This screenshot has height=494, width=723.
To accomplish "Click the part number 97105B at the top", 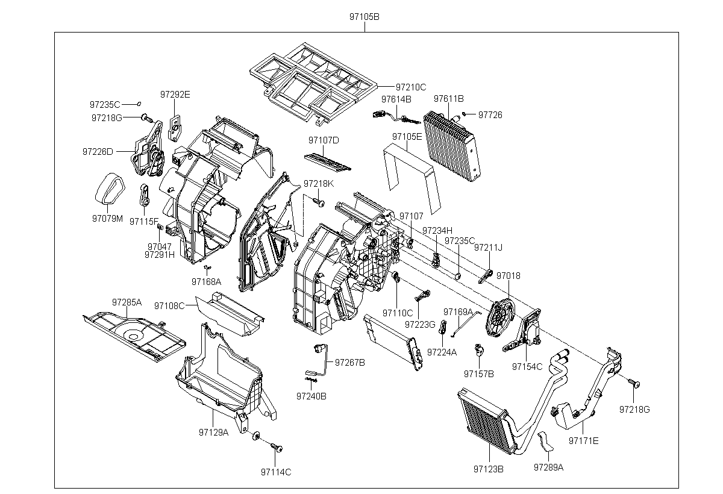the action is [x=365, y=17].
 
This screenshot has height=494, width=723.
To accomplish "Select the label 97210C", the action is [x=411, y=87].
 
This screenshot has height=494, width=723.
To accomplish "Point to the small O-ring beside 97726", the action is [x=464, y=114].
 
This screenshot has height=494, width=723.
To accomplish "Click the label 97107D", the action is [x=324, y=140].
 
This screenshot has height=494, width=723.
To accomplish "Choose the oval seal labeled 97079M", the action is [x=110, y=189].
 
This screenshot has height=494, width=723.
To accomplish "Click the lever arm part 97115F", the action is [x=144, y=195].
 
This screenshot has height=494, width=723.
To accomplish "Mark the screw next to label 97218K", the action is [x=319, y=202].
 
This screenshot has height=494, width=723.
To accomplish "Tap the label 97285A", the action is [x=127, y=302].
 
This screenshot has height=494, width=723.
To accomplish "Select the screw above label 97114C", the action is [x=277, y=447].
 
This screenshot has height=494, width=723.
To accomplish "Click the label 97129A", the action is [x=214, y=432].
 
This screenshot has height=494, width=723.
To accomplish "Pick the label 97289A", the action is [x=548, y=467].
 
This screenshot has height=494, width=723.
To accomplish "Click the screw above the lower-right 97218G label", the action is [x=634, y=383].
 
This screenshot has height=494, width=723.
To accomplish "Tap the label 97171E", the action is [x=584, y=441].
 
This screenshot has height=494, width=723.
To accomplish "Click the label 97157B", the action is [x=479, y=374].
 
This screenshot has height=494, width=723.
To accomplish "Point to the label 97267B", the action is [x=350, y=363].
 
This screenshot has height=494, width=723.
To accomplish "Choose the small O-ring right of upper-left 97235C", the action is [x=139, y=104].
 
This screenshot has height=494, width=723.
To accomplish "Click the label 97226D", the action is [x=98, y=152].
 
